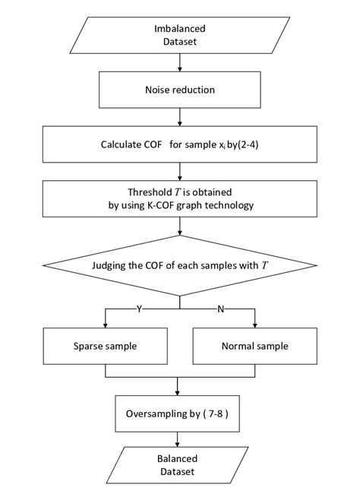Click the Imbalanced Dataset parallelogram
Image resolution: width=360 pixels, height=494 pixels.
(x=179, y=35)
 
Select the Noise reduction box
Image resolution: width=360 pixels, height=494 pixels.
(x=179, y=90)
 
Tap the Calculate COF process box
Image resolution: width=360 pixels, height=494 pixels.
(x=179, y=144)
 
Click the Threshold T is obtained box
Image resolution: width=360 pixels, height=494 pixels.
(x=179, y=198)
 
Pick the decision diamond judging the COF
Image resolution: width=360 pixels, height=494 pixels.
(x=179, y=265)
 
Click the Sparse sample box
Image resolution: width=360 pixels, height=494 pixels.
(x=104, y=346)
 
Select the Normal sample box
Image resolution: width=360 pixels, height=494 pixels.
(x=254, y=346)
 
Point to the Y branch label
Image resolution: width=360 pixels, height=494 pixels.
(x=138, y=309)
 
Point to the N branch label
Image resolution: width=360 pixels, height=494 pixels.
(x=220, y=309)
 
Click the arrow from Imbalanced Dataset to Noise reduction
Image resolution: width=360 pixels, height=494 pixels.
(x=179, y=63)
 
